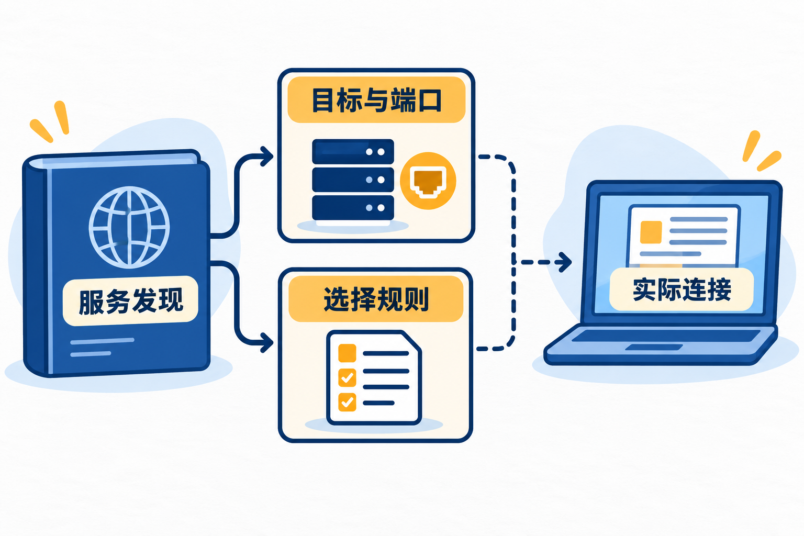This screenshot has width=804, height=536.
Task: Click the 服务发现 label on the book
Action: (x=131, y=301)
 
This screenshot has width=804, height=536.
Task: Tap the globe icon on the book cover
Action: (x=129, y=227)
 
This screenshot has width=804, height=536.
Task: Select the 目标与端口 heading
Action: (x=376, y=100)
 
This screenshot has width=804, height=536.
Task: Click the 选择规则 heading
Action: (x=376, y=299)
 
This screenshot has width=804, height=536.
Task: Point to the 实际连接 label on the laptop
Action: (x=682, y=289)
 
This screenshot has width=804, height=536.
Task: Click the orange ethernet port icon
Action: (x=428, y=181)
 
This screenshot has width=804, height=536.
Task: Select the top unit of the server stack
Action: (x=353, y=151)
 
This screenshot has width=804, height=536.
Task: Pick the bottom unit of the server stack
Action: (x=353, y=207)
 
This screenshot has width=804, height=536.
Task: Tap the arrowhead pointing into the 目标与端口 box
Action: (x=266, y=156)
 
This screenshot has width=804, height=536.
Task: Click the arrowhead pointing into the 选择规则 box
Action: (x=266, y=342)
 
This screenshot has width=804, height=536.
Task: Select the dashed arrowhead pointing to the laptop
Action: (x=565, y=262)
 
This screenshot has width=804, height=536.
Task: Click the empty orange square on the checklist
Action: (x=347, y=353)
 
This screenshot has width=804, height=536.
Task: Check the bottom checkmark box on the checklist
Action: (x=347, y=402)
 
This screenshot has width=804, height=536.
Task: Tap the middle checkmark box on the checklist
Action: (x=347, y=378)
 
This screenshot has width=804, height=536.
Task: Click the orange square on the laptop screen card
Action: (x=651, y=232)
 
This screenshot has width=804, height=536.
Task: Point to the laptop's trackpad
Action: (x=654, y=347)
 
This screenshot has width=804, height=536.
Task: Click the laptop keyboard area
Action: (x=665, y=336)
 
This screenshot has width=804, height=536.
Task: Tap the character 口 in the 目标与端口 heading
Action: (x=430, y=100)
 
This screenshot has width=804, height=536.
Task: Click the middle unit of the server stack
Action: (x=353, y=180)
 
